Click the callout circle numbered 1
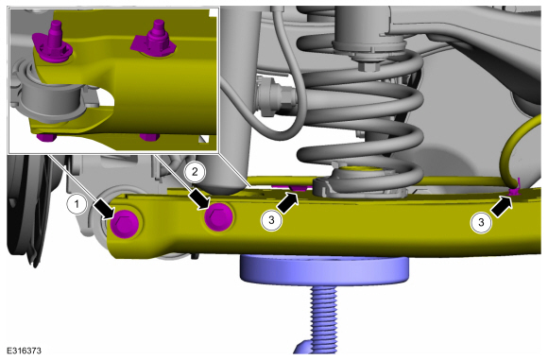(77, 203)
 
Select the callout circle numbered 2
(195, 172)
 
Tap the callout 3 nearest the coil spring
(271, 220)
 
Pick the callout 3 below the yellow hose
(481, 222)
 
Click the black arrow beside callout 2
(199, 199)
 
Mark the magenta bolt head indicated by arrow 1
(125, 225)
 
